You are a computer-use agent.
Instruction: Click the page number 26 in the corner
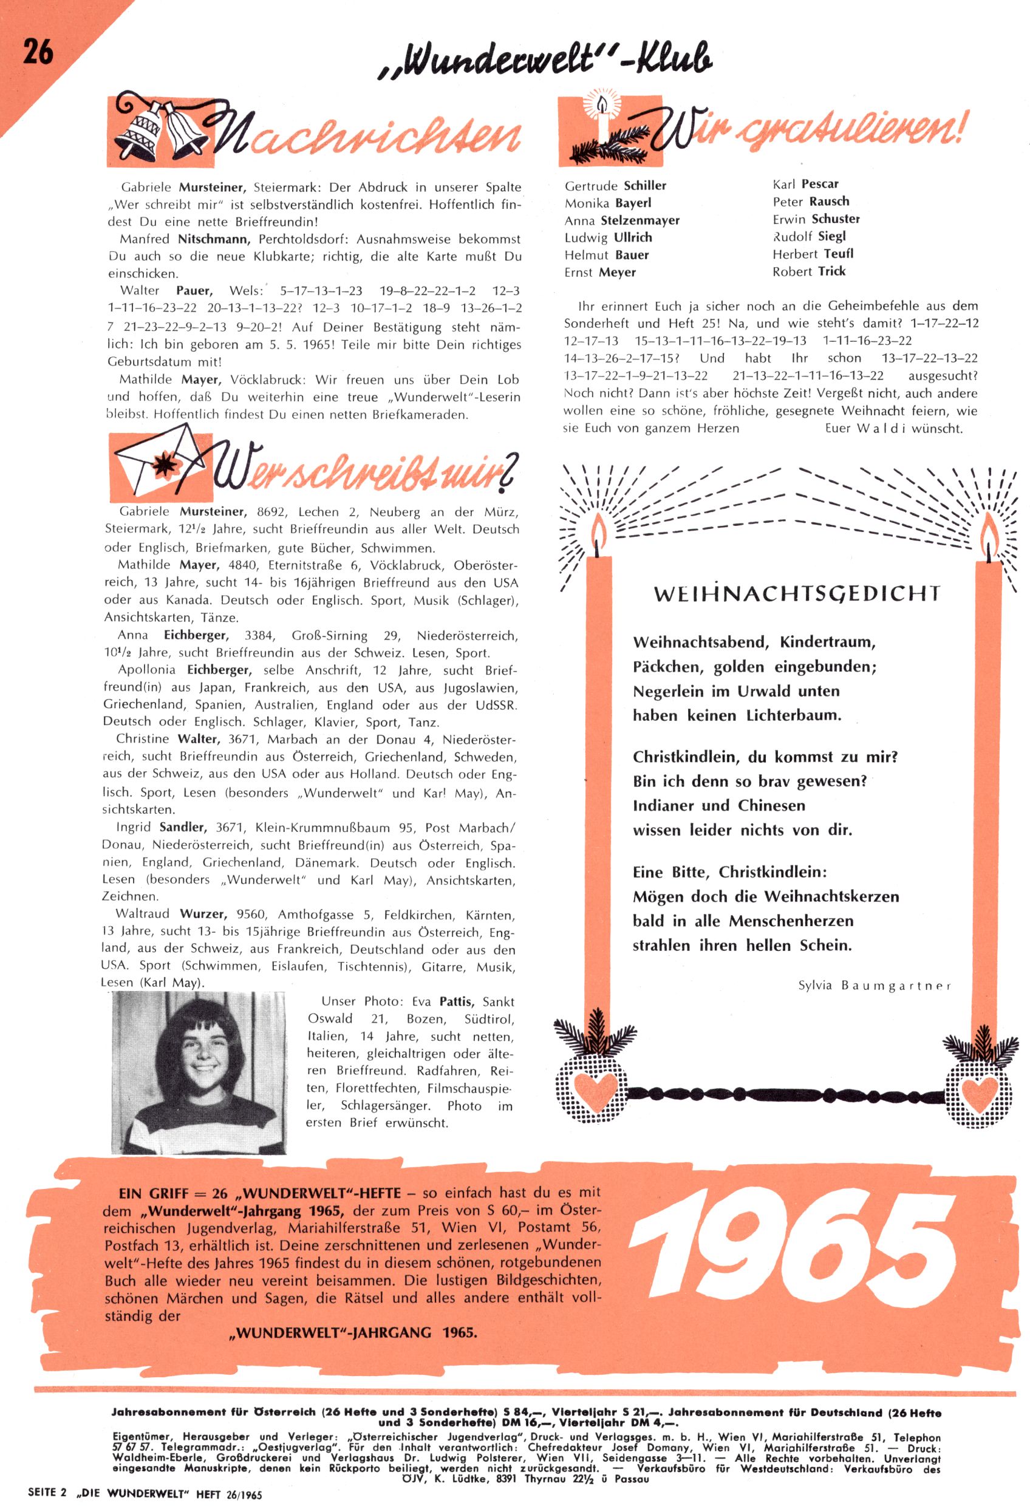point(38,50)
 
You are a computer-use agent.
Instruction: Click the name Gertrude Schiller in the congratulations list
point(615,186)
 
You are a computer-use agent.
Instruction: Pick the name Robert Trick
point(808,272)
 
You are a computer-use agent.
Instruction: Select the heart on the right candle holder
point(979,1090)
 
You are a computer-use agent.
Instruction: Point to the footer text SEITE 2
point(47,1494)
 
